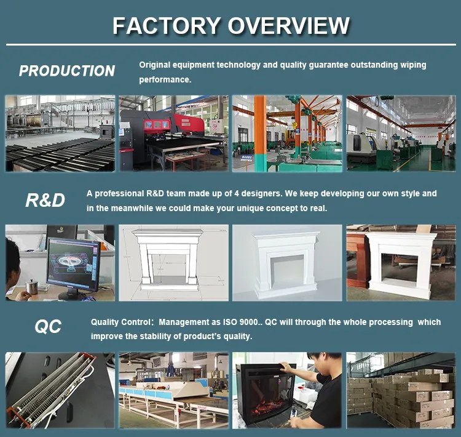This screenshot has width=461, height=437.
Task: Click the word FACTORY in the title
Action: coord(167,26)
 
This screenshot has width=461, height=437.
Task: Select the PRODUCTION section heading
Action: coord(67,71)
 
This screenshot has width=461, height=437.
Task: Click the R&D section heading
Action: coord(45,200)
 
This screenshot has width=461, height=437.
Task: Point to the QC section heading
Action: coord(47,327)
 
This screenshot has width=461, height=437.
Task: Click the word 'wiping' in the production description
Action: coord(412,65)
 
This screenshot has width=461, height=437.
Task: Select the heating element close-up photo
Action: coord(60,390)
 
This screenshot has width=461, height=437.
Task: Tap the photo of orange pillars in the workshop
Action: coord(286,133)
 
